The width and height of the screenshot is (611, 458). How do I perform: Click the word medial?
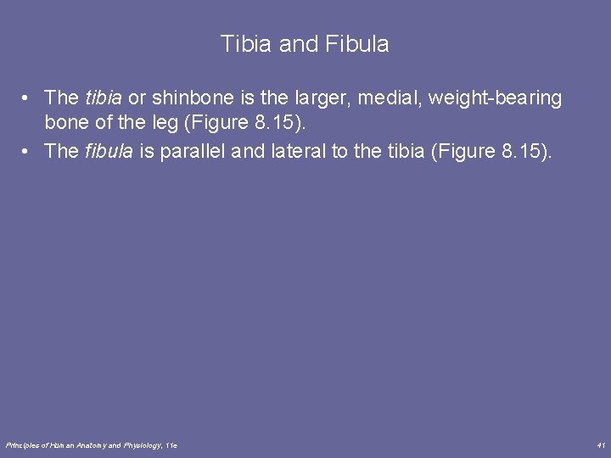386,98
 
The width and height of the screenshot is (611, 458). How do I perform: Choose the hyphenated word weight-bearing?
496,99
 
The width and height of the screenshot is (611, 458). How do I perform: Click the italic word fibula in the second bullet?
107,152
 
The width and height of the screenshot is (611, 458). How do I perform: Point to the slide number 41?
601,444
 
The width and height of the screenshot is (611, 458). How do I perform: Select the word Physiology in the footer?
142,444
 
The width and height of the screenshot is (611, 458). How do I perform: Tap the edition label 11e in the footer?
171,444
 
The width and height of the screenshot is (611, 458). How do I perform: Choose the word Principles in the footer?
22,444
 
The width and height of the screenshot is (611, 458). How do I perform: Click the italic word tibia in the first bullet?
104,98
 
